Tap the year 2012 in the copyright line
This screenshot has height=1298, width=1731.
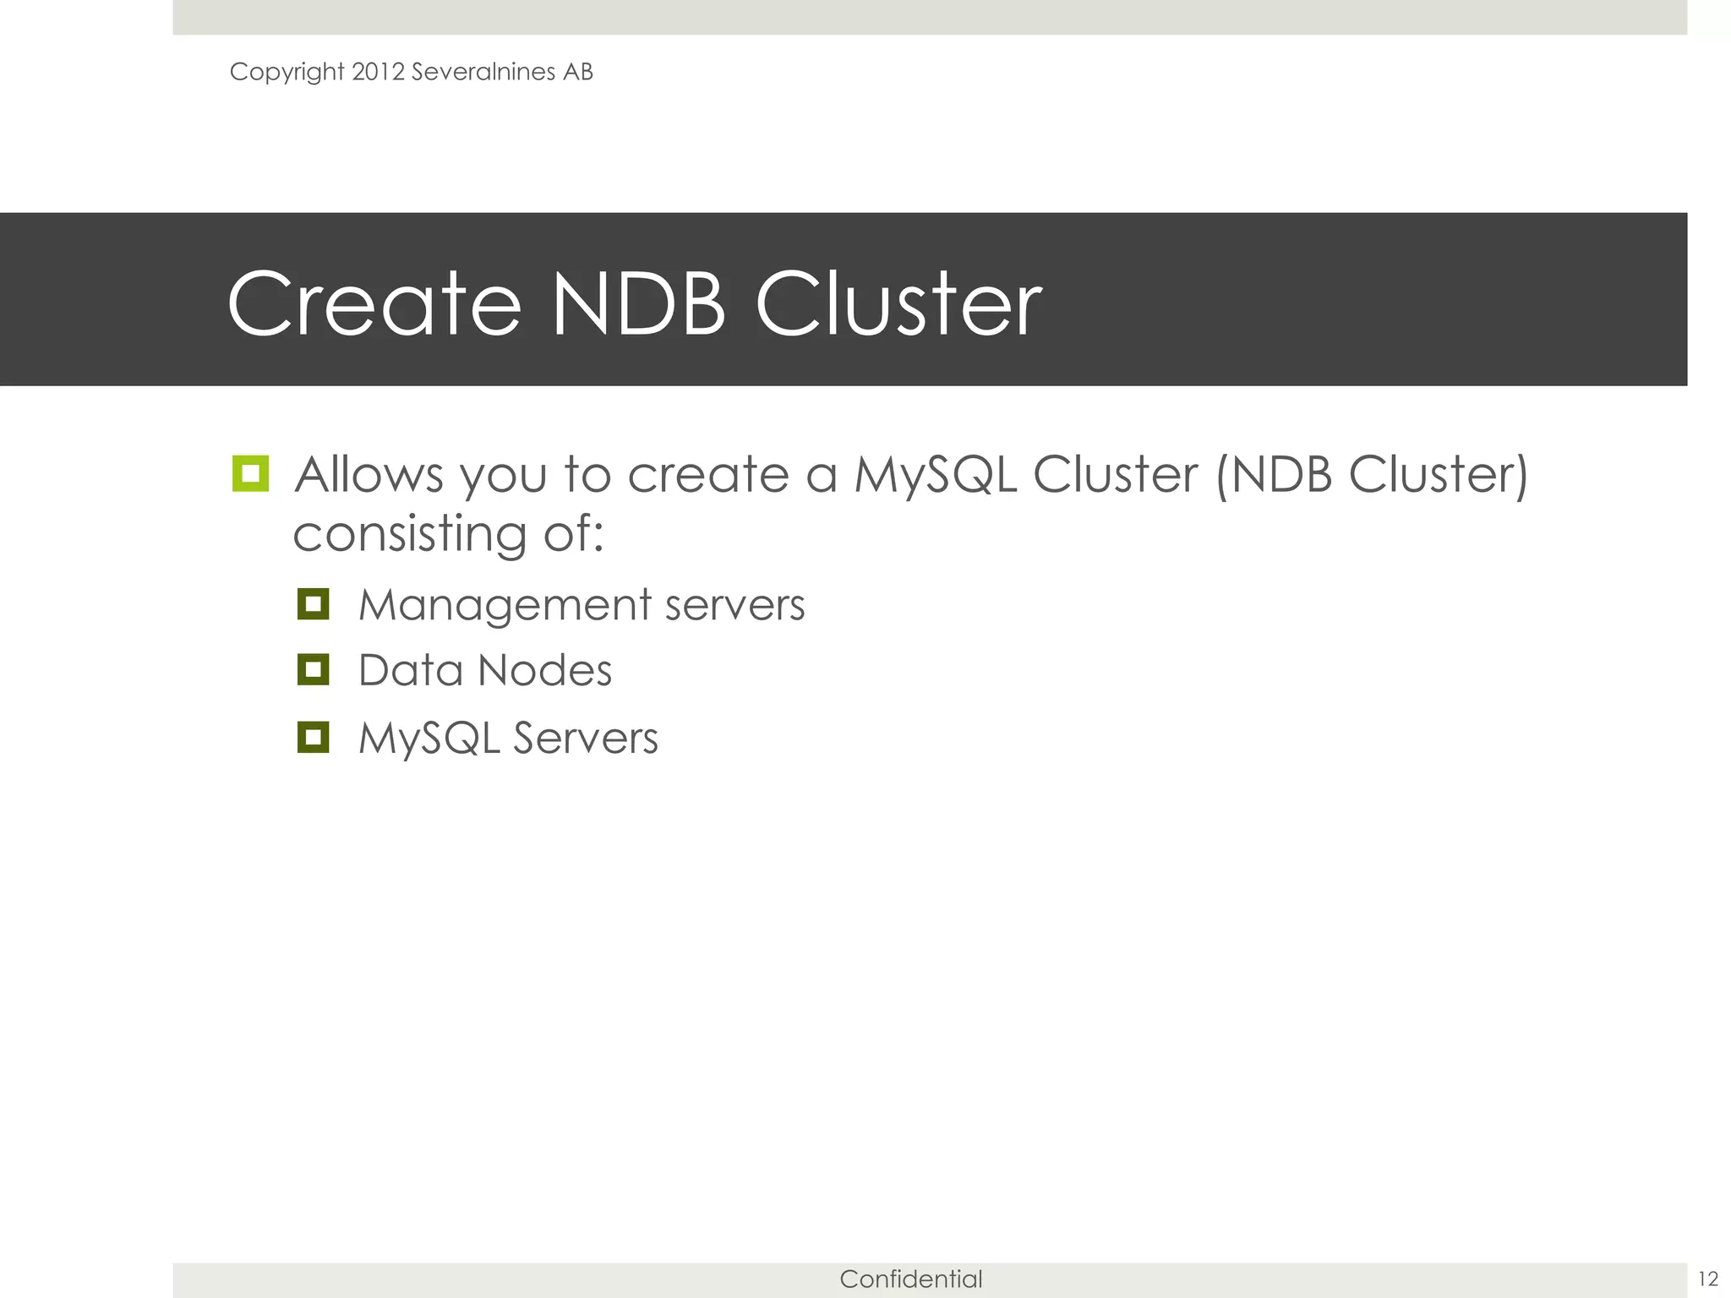378,72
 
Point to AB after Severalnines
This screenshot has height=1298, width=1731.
578,72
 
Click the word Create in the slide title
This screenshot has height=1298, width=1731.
374,304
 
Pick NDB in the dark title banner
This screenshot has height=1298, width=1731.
638,304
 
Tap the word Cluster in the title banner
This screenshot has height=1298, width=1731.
898,304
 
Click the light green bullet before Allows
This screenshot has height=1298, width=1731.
250,474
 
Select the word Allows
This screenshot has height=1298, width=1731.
369,474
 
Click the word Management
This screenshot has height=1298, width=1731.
505,605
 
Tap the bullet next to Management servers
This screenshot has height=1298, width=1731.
313,604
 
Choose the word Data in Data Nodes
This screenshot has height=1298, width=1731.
410,671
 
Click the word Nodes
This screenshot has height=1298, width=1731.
544,671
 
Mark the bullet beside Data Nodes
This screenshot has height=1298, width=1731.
313,670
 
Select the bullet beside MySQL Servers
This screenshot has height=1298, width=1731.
313,737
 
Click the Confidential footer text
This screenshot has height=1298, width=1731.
910,1279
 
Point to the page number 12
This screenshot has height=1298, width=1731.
1707,1279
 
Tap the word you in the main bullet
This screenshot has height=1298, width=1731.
505,476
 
